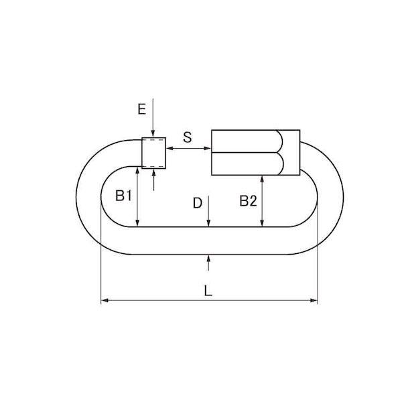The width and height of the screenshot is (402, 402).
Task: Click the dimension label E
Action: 142,109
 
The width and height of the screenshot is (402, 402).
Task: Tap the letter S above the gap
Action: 188,137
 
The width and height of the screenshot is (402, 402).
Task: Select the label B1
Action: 123,196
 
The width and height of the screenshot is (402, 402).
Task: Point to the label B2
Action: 248,201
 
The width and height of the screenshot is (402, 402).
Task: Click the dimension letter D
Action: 198,203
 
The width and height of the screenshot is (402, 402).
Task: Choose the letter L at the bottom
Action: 208,291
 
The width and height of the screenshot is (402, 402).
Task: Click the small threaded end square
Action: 154,153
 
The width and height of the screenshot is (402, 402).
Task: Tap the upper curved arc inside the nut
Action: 279,141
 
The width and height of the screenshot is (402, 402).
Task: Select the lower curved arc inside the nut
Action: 280,164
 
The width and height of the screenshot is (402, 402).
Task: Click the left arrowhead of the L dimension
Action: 105,300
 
